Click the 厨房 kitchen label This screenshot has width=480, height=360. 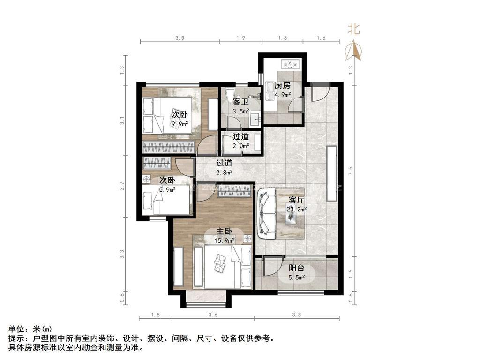pos(283,85)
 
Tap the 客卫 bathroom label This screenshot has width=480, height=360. pos(240,102)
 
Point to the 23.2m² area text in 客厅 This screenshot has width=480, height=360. pos(296,210)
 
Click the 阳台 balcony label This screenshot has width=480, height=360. pos(296,268)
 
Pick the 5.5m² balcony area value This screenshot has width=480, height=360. pos(296,277)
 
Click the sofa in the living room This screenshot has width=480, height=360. pos(266,215)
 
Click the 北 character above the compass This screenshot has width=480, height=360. pos(353,29)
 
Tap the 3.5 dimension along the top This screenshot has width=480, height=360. pos(180,38)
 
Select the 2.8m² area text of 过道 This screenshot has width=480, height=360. pos(224,172)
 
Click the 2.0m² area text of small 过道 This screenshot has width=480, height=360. pos(240,146)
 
